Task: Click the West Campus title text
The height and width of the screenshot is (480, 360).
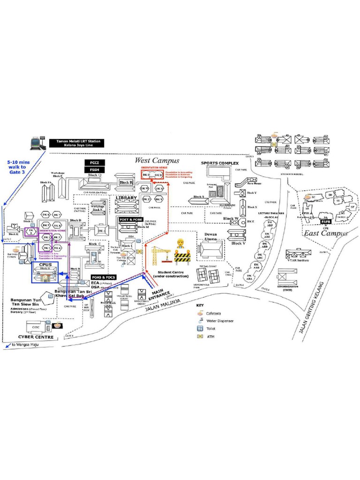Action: point(157,160)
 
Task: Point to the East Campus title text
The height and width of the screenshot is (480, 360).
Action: point(325,233)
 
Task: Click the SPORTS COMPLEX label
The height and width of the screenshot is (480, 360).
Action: point(220,163)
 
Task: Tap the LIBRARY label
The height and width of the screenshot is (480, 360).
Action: point(126,198)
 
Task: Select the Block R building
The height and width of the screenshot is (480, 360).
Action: point(126,182)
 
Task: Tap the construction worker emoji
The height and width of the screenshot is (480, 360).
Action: point(180,244)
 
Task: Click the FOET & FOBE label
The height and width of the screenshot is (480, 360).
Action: point(131,219)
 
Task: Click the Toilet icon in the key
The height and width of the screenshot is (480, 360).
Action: point(200,329)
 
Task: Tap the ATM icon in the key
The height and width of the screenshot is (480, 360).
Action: point(200,336)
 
